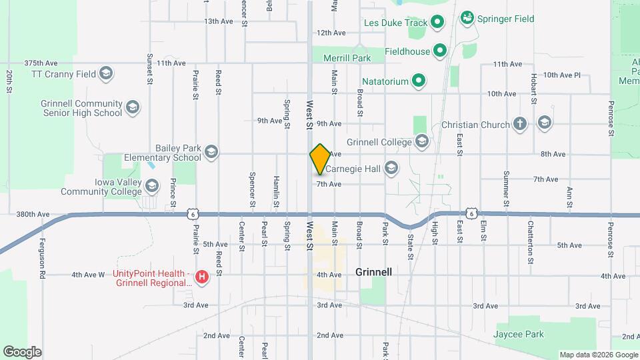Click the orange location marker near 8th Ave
coord(320,159)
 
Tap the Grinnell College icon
coord(422,141)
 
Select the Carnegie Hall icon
coord(391,168)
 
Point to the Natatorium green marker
coord(419,81)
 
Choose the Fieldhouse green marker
coord(440,50)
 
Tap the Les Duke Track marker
coord(438,23)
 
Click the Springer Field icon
coord(467,18)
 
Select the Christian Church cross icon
coord(520,124)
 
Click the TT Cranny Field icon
coord(105,73)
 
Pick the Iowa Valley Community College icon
coord(152,185)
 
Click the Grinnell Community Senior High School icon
coord(133,107)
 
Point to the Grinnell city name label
coord(373,272)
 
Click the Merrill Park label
coord(347,58)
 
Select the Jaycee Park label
coord(519,334)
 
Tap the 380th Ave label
coord(33,215)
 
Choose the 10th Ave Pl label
coord(562,75)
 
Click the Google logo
coord(22,351)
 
